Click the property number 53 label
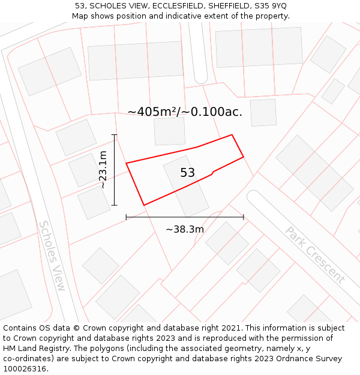[187, 173]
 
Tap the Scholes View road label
[52, 256]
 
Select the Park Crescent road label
[314, 254]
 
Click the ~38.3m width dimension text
[185, 229]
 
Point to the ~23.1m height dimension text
[103, 170]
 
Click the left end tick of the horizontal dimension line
[126, 217]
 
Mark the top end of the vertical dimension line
[114, 134]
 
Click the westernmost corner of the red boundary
[126, 163]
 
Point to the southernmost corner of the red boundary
[144, 205]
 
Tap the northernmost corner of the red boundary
[232, 135]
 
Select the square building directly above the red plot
[169, 131]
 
